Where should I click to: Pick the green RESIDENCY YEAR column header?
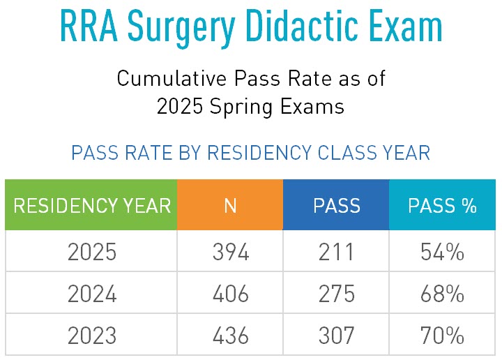click(91, 206)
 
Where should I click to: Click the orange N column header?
click(230, 206)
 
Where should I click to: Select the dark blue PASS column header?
click(336, 206)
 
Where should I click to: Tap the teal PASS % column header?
click(442, 206)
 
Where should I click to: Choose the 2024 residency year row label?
click(91, 294)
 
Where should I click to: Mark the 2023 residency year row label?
click(91, 336)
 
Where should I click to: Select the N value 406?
click(230, 294)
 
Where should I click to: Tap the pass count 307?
click(336, 336)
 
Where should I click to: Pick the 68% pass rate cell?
click(442, 294)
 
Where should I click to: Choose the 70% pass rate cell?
click(442, 336)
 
